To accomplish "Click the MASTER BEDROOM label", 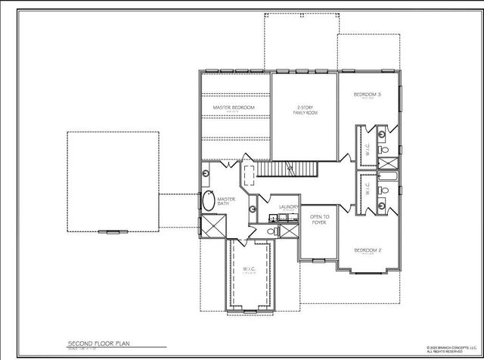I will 234,108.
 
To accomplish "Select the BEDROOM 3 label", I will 368,95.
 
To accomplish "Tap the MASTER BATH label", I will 228,202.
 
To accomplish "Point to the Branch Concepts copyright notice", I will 451,350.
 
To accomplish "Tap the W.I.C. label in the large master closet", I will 250,269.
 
